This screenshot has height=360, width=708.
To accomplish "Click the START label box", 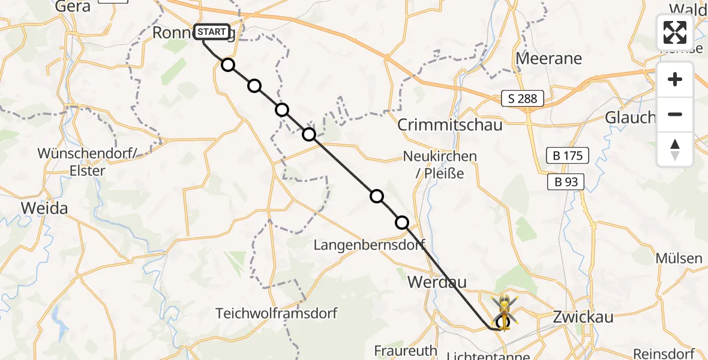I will point(211,32).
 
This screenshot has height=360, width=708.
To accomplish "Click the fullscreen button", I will point(675,32).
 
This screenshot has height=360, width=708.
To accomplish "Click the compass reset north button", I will point(675,149).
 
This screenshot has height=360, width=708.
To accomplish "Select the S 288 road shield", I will point(523,98).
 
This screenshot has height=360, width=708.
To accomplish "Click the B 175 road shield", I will point(567,156).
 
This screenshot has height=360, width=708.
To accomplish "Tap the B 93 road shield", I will point(565,182).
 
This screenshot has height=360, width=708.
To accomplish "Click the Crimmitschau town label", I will point(450,125).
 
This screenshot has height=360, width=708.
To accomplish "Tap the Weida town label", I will point(44,208).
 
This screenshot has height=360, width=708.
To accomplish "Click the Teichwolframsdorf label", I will point(277,313).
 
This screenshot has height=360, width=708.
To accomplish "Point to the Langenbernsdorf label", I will point(370,244).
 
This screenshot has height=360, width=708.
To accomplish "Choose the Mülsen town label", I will point(679,259).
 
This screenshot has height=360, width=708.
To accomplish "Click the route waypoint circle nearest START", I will point(227,65).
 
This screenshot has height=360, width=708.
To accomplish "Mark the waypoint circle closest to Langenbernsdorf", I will point(402,223).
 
